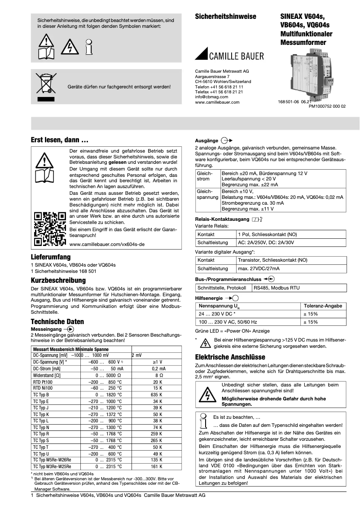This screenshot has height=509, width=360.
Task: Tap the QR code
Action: (x=50, y=229)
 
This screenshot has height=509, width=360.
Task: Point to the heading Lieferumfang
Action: (x=50, y=257)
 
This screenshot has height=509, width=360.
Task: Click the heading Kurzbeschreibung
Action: (x=58, y=280)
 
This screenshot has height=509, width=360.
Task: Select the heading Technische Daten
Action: (x=57, y=321)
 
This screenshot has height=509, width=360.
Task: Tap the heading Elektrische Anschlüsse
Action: (x=230, y=357)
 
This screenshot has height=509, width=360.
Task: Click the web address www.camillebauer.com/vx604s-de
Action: (x=107, y=244)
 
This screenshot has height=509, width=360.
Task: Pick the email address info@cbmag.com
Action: (x=211, y=97)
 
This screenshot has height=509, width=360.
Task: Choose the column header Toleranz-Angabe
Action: (x=323, y=306)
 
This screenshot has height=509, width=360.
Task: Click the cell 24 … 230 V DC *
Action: (x=223, y=314)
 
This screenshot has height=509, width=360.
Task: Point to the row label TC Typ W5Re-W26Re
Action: (x=52, y=460)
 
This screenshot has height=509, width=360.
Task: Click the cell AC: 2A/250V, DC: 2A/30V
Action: (x=265, y=242)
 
